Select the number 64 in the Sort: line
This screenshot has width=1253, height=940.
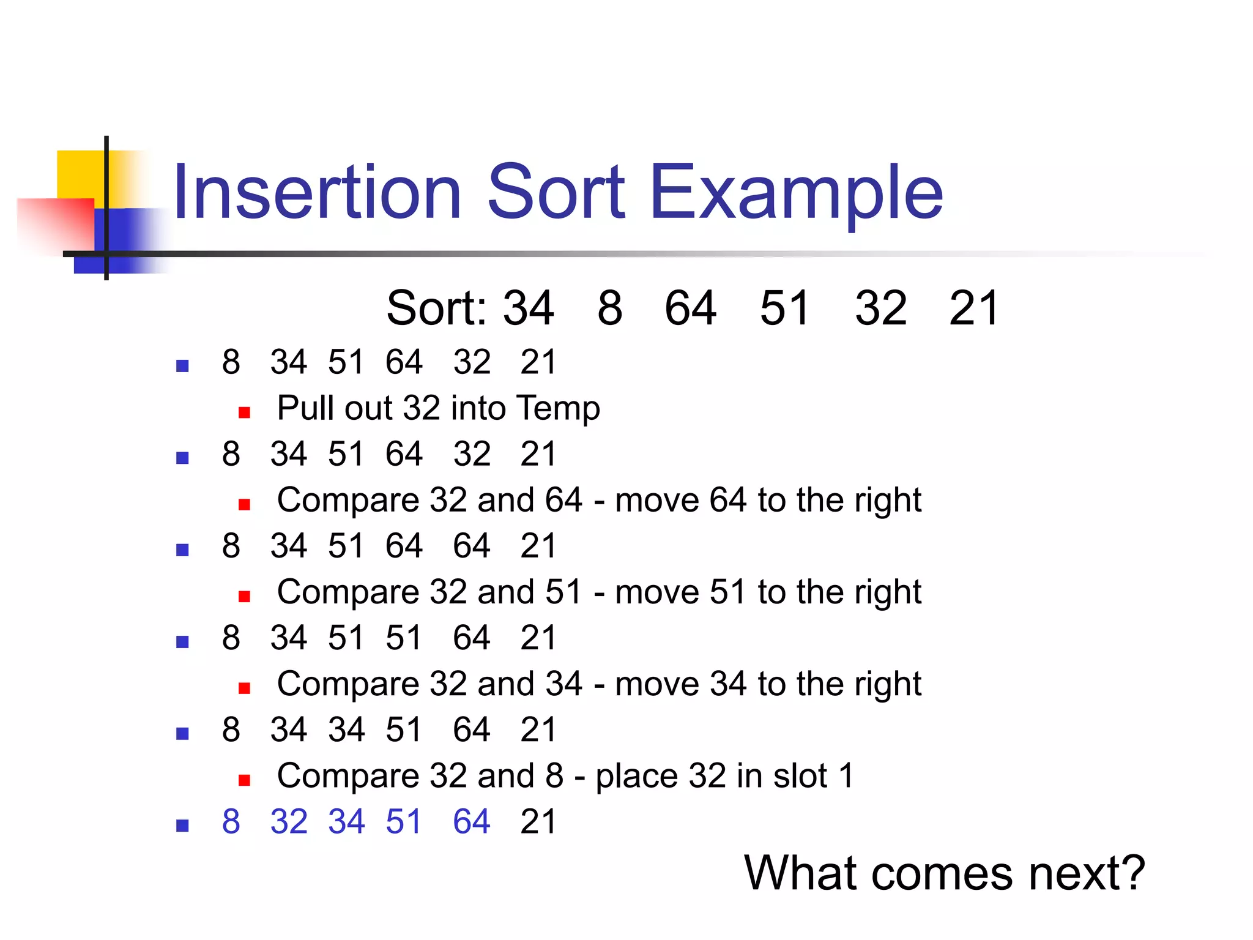pyautogui.click(x=690, y=308)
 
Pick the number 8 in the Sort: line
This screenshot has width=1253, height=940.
pyautogui.click(x=610, y=308)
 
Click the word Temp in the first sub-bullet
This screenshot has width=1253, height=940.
pyautogui.click(x=557, y=409)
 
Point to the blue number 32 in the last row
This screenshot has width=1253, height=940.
pyautogui.click(x=289, y=821)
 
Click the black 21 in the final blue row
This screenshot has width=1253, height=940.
pyautogui.click(x=538, y=821)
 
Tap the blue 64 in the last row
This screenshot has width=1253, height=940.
pyautogui.click(x=471, y=821)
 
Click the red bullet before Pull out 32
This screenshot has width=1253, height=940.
pyautogui.click(x=244, y=412)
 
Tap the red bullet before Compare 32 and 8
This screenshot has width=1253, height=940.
pyautogui.click(x=244, y=780)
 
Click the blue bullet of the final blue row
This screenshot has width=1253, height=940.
pyautogui.click(x=182, y=826)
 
